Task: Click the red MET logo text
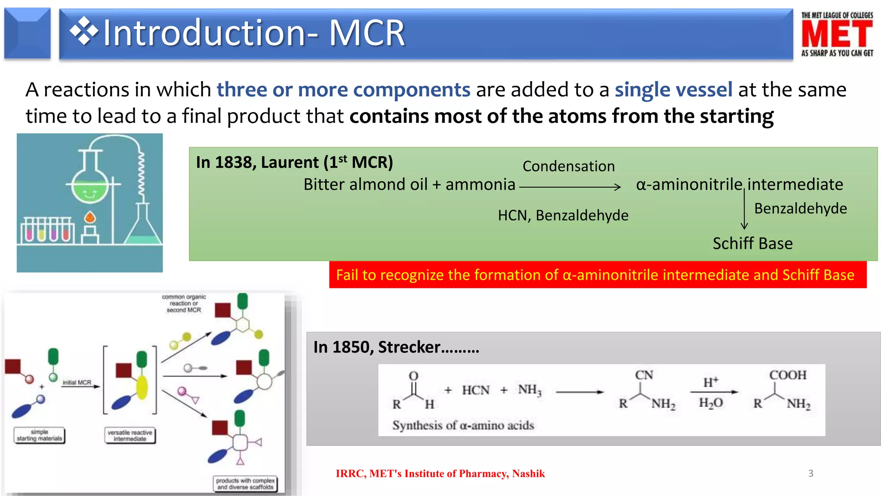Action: [837, 34]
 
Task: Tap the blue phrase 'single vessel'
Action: [673, 90]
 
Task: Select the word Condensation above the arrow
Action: [568, 166]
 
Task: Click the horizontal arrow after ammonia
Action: [570, 187]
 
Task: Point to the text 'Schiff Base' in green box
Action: [752, 243]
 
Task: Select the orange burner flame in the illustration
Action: [89, 217]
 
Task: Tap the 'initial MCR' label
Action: [77, 382]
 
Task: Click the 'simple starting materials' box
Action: [39, 435]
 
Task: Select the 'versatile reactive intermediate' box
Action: [129, 435]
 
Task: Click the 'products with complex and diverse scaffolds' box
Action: [245, 484]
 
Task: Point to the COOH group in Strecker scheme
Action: [788, 375]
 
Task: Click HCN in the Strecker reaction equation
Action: [475, 390]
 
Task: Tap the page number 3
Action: [810, 473]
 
